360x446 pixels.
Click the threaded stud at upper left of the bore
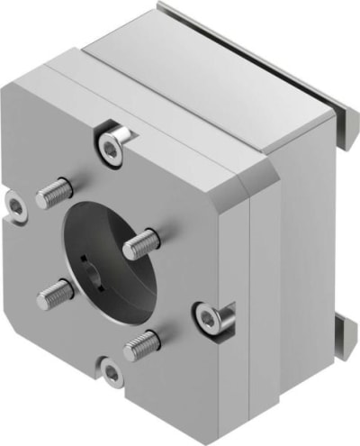[55, 192]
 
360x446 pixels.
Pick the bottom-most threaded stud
[141, 343]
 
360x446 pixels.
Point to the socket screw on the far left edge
[16, 206]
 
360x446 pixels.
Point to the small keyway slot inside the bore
[83, 262]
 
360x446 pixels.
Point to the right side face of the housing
[297, 261]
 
